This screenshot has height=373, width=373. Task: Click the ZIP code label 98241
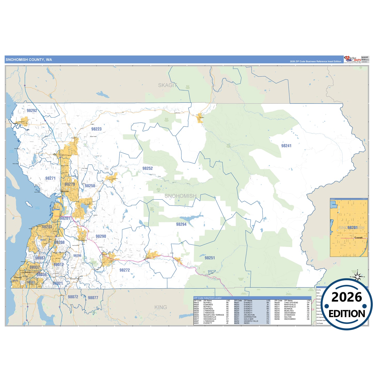click(x=286, y=146)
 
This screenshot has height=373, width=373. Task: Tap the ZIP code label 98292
click(x=32, y=110)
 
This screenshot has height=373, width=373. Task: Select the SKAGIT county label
click(x=168, y=85)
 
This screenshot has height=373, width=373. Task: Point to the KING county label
click(x=161, y=307)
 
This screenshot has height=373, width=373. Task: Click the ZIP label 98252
click(x=148, y=168)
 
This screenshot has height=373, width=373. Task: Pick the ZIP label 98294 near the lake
click(x=181, y=224)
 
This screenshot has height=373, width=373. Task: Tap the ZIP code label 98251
click(x=210, y=258)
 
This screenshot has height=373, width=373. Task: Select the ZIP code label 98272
click(x=125, y=270)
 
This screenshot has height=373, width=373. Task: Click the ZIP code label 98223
click(x=96, y=129)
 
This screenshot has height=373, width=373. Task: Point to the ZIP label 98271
click(x=50, y=178)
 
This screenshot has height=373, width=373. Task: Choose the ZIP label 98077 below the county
click(x=93, y=298)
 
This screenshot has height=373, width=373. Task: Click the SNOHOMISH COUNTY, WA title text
click(x=29, y=60)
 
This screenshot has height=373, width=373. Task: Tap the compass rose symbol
click(x=358, y=277)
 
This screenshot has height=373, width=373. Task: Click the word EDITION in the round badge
click(x=347, y=314)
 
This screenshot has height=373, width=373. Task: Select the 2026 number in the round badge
click(x=347, y=297)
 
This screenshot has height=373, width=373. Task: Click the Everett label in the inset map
click(x=358, y=237)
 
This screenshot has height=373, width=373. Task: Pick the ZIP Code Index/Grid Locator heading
click(x=208, y=298)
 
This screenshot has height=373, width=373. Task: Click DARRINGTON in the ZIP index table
click(x=250, y=317)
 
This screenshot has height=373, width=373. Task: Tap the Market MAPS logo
click(x=353, y=60)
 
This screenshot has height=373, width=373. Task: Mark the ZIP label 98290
click(x=101, y=236)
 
